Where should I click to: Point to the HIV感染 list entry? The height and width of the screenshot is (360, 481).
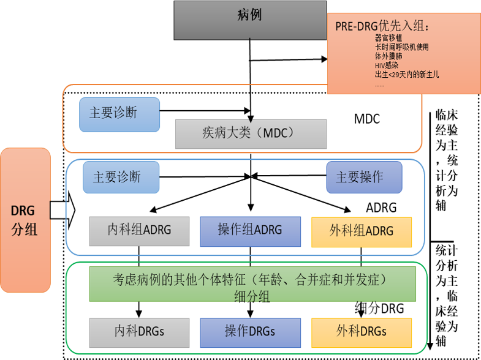[387, 65]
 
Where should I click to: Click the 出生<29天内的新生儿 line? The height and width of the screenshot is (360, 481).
[407, 74]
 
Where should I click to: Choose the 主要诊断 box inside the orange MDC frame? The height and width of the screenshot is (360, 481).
[119, 114]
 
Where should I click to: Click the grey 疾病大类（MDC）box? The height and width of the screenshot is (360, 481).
[249, 133]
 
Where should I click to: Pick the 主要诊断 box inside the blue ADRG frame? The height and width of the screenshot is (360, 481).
[121, 177]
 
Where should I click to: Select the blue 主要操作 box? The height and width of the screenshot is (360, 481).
[364, 177]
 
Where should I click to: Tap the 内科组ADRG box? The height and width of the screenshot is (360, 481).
[140, 231]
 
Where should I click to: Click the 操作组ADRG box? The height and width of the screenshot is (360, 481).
[250, 231]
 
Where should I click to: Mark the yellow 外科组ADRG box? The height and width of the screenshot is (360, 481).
[361, 231]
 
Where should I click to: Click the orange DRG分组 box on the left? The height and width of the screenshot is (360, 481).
[25, 219]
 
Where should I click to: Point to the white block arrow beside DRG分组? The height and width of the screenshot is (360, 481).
[62, 211]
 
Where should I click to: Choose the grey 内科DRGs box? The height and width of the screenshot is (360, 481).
[140, 332]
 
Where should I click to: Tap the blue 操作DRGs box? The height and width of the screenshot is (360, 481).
[250, 332]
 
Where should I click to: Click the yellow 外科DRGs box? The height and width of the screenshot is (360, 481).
[361, 332]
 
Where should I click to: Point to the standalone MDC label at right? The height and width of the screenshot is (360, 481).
[367, 118]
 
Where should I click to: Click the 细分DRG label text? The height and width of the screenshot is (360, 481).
[380, 308]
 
